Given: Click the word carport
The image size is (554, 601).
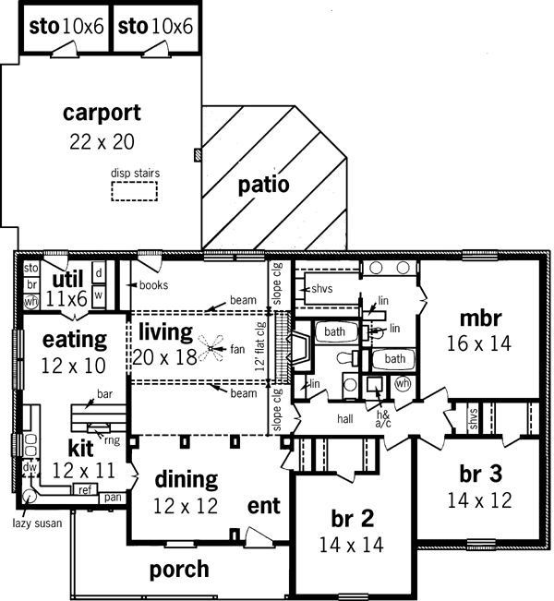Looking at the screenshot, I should coord(102,114).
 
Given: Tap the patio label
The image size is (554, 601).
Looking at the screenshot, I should coord(263,184).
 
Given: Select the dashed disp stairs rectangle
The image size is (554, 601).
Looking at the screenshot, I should coord(135,190).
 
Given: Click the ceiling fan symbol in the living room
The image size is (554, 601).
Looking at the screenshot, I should coord(213,349).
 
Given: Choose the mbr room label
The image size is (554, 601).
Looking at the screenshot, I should coord(480,319).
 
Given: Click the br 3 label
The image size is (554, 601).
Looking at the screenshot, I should coord(480,475).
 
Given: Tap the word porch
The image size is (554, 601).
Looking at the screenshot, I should coord(179,570).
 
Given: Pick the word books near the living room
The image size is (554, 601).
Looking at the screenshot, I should coord(152,285).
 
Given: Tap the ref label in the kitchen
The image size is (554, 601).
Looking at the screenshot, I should coord(85,489).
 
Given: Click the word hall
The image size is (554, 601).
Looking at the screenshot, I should coord(344,418).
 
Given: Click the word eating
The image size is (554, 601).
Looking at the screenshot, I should coord(74,339).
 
